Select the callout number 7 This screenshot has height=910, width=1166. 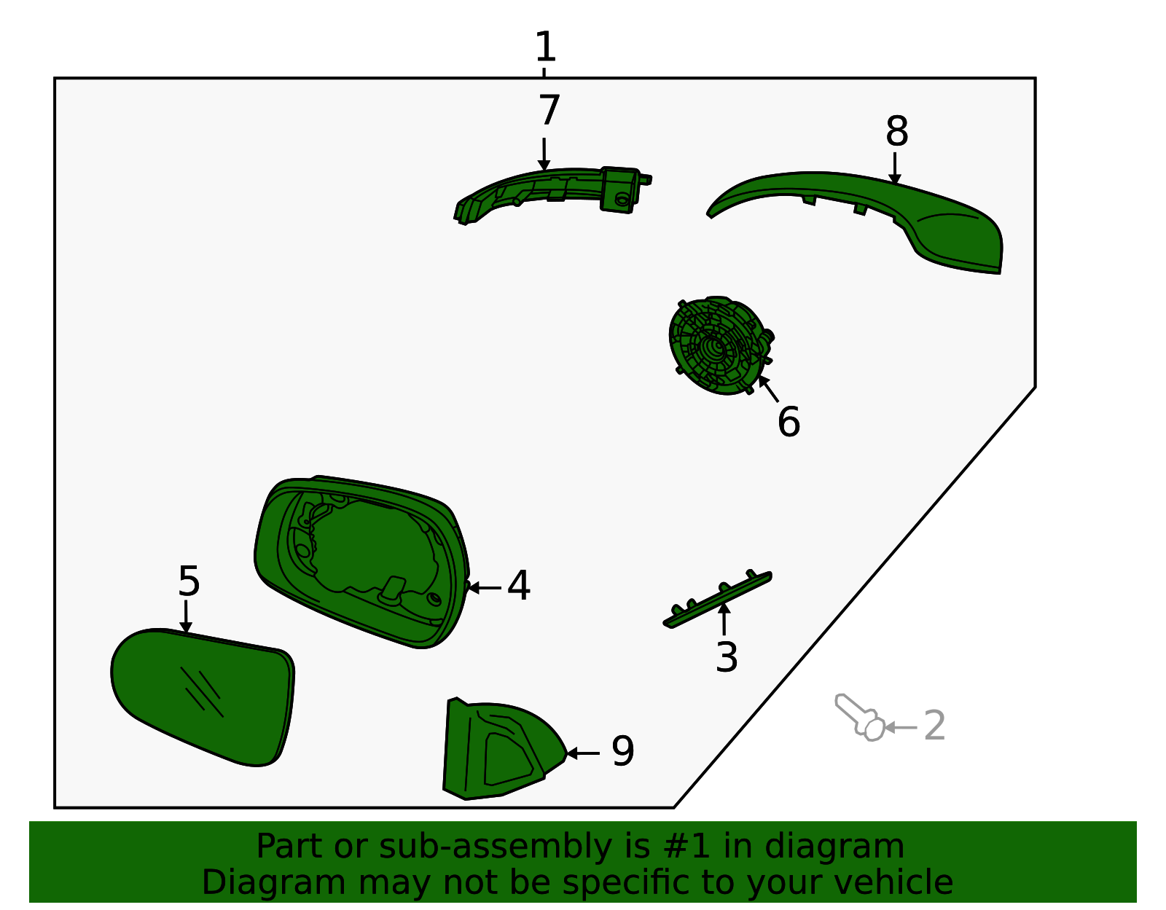tap(549, 111)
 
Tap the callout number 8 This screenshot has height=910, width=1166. tap(896, 131)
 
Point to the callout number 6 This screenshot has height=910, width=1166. tap(789, 422)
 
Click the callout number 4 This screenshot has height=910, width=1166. tap(518, 586)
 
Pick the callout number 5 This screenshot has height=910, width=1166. tap(189, 581)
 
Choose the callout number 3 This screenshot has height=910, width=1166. tap(727, 657)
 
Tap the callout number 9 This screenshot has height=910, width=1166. tap(623, 751)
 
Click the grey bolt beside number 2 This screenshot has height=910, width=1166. tap(861, 718)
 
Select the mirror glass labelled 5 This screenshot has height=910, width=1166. tap(203, 698)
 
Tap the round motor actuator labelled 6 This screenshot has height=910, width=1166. tap(720, 346)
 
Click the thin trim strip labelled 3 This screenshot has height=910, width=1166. tap(717, 600)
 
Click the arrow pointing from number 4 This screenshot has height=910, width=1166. tap(484, 588)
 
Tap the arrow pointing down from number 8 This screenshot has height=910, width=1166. tap(894, 168)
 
